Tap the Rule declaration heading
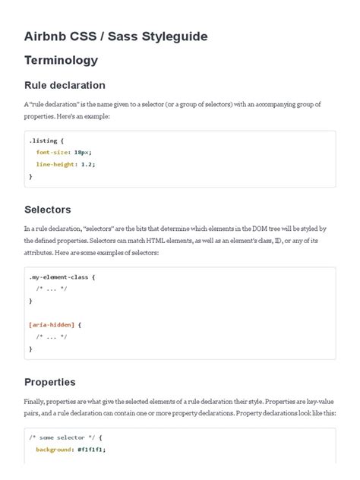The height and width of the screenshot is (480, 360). click(65, 85)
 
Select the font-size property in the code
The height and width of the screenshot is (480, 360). click(54, 152)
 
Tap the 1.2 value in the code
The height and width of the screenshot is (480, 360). click(89, 164)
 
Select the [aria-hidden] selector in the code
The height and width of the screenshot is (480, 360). click(52, 324)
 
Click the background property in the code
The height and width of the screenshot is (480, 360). click(53, 450)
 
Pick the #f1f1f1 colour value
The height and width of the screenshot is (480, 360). click(90, 450)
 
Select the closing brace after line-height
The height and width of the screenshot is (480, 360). click(30, 176)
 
